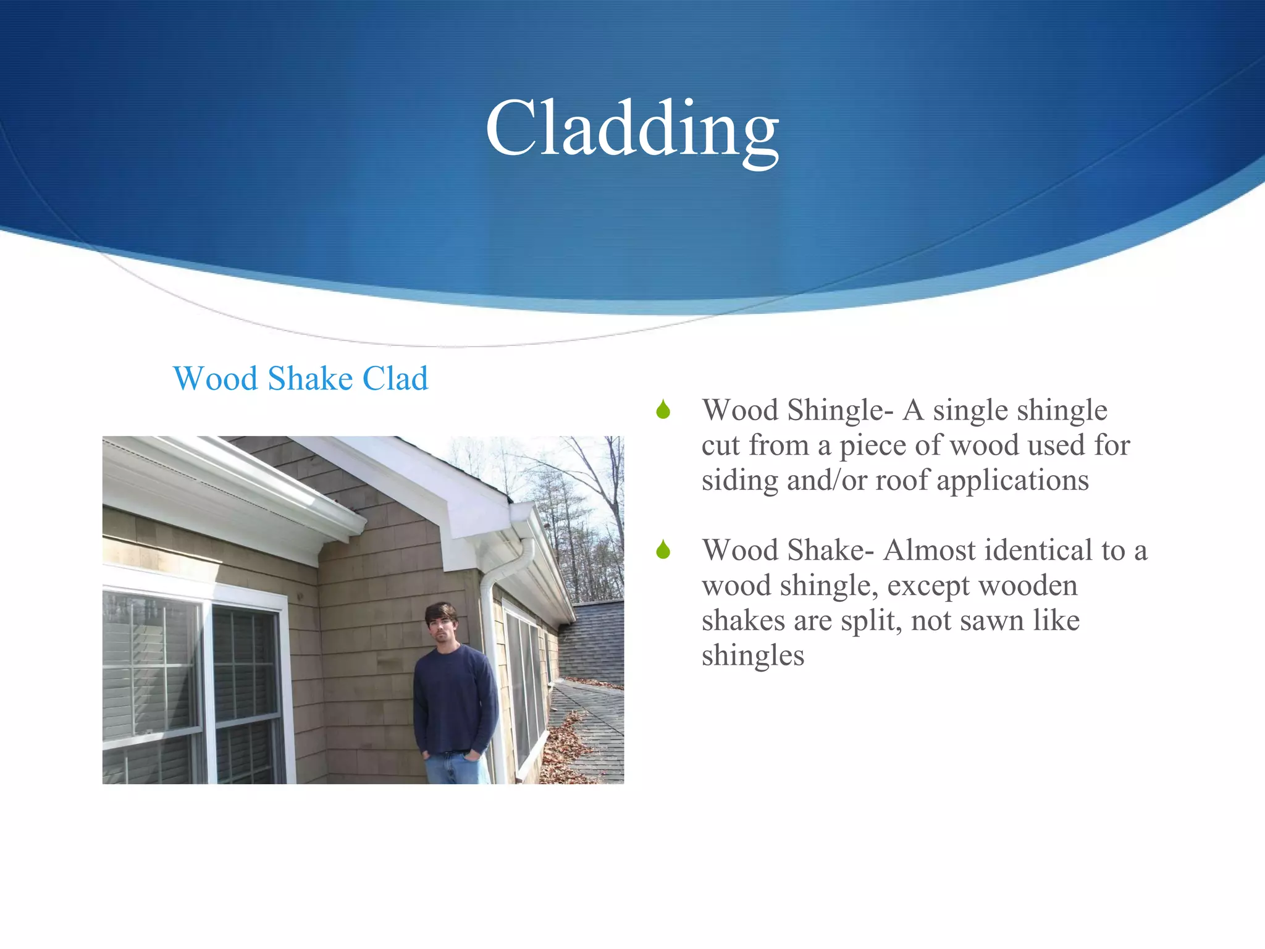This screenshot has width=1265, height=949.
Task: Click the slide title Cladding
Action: pos(632,130)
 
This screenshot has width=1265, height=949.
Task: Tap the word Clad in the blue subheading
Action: pos(395,378)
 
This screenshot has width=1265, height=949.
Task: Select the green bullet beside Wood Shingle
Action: pos(663,409)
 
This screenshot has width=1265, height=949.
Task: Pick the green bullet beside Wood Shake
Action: pos(663,549)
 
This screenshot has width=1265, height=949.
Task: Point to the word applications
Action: pos(1012,481)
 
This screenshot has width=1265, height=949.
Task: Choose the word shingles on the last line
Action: pos(752,656)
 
